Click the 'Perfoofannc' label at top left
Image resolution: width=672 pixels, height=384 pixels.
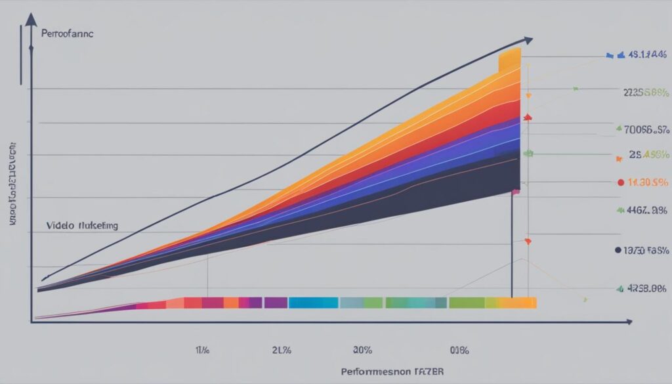click(68, 33)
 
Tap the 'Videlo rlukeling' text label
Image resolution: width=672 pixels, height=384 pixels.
click(82, 225)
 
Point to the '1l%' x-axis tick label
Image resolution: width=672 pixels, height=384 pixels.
click(202, 351)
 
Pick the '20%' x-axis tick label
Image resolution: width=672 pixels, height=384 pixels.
click(362, 351)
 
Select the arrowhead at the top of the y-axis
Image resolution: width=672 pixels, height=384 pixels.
click(30, 19)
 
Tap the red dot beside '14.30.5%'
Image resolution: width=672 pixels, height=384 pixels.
click(621, 182)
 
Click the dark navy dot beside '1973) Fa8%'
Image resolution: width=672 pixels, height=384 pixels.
click(618, 250)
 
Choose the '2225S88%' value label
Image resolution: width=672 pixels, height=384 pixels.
click(645, 93)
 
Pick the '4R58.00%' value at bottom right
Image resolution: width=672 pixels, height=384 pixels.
click(646, 288)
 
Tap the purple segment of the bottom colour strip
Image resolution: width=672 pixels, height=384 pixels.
click(276, 303)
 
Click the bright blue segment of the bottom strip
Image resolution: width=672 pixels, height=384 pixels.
click(313, 303)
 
